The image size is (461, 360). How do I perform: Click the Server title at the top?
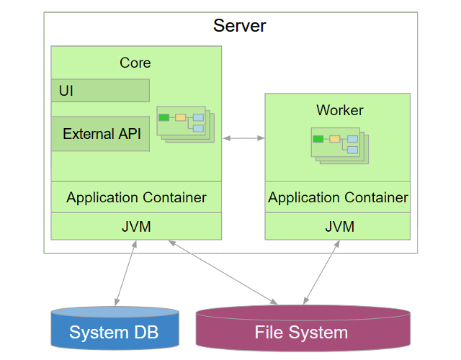pyautogui.click(x=239, y=27)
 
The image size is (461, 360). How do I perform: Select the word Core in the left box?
pyautogui.click(x=135, y=63)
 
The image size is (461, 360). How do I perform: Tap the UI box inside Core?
pyautogui.click(x=100, y=91)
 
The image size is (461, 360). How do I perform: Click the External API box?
pyautogui.click(x=100, y=134)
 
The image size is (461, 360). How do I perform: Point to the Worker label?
pyautogui.click(x=340, y=110)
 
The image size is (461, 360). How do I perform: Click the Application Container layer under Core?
pyautogui.click(x=136, y=197)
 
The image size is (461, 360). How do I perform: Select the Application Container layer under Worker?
pyautogui.click(x=338, y=197)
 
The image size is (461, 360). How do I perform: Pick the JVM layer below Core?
pyautogui.click(x=136, y=227)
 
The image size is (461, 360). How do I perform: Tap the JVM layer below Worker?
pyautogui.click(x=339, y=227)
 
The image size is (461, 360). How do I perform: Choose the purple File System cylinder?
pyautogui.click(x=302, y=332)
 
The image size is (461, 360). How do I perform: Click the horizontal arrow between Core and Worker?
pyautogui.click(x=243, y=138)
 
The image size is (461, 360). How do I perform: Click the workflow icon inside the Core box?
pyautogui.click(x=185, y=122)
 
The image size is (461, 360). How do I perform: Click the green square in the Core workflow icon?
pyautogui.click(x=164, y=117)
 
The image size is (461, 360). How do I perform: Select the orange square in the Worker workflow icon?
pyautogui.click(x=335, y=139)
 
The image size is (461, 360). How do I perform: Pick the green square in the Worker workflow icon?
pyautogui.click(x=318, y=139)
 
